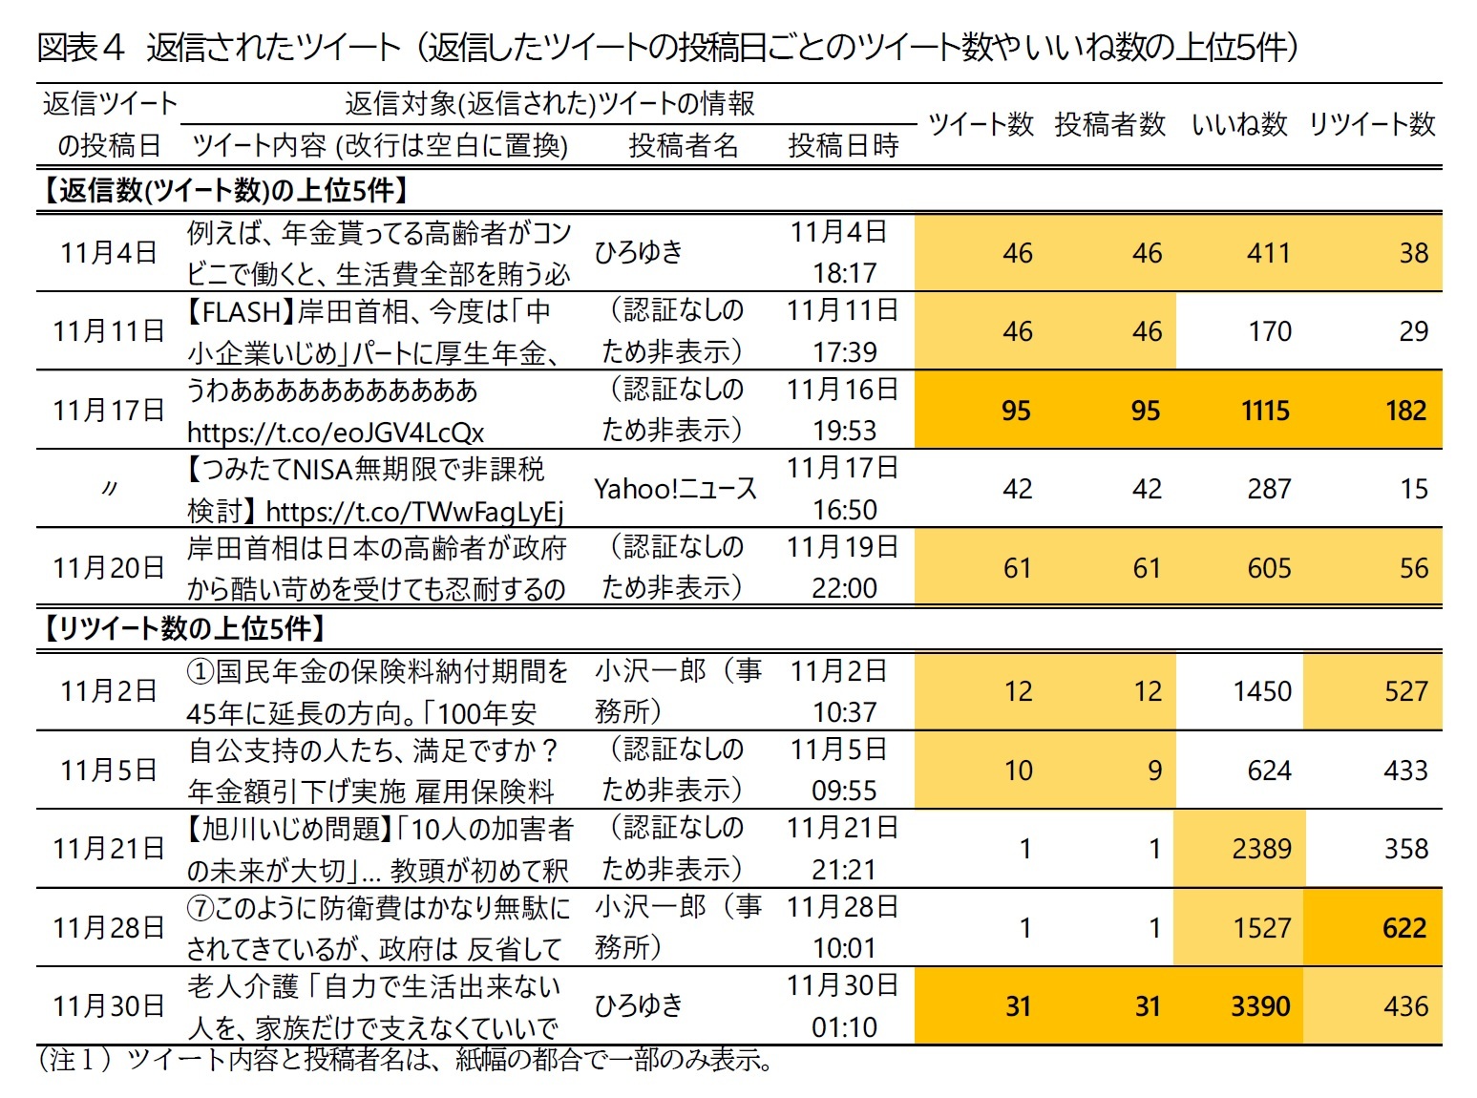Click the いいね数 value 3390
click(x=1260, y=1006)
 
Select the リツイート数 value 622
click(x=1404, y=928)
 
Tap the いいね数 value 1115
click(x=1265, y=411)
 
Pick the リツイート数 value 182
click(x=1405, y=411)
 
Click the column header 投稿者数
click(x=1109, y=124)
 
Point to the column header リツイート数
click(x=1371, y=124)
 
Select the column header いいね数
click(x=1239, y=124)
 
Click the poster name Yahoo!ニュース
click(x=675, y=489)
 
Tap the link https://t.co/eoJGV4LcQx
click(x=335, y=433)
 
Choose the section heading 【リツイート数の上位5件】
click(x=184, y=628)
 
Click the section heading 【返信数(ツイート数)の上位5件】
click(x=225, y=190)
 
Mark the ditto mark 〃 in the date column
click(x=109, y=489)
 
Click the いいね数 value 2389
click(x=1261, y=849)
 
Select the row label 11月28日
click(x=109, y=928)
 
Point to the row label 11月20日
click(x=109, y=568)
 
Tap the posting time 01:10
click(x=844, y=1027)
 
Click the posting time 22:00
click(x=844, y=588)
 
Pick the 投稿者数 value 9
click(x=1154, y=771)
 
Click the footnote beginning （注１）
click(x=406, y=1060)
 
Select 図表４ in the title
click(x=81, y=48)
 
